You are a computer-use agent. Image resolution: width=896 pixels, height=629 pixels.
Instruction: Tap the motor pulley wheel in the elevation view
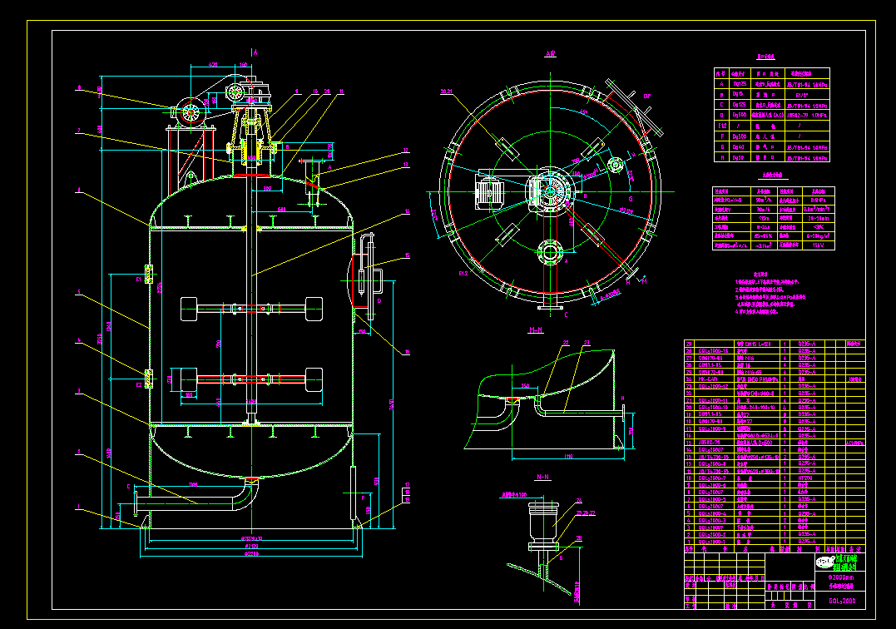(191, 111)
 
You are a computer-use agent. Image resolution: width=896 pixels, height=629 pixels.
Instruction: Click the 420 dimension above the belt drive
(213, 64)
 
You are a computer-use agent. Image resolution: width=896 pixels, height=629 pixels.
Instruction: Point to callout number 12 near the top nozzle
(406, 151)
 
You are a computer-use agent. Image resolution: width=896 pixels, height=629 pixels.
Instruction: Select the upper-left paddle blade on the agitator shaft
(187, 308)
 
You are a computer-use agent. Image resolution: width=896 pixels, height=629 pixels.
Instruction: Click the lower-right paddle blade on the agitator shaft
(314, 379)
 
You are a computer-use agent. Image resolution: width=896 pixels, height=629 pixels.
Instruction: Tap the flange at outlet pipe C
(134, 504)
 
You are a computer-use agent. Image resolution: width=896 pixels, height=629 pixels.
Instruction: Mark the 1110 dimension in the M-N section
(567, 457)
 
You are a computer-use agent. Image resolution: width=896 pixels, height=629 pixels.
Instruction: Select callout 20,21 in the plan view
(446, 92)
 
